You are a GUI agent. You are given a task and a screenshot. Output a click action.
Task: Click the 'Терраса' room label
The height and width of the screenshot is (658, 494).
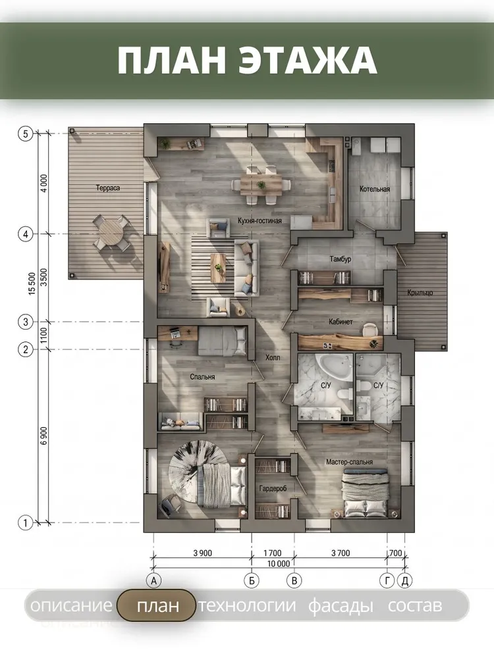108,188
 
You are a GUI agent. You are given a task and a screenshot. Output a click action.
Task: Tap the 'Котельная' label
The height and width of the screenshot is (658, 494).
375,190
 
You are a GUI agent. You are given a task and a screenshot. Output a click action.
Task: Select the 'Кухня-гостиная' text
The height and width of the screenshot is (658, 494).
260,220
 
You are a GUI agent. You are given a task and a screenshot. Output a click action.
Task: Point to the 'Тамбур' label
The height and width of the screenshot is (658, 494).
341,259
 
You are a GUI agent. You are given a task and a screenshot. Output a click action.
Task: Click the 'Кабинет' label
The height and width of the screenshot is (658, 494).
341,322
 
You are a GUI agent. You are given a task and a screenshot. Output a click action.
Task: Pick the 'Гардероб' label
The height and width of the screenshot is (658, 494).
273,489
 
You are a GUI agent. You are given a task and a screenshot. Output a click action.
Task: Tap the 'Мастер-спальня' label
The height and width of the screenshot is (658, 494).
350,462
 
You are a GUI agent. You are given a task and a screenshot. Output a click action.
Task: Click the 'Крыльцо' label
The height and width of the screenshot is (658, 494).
420,293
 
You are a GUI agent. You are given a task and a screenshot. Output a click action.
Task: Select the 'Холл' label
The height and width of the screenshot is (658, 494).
273,358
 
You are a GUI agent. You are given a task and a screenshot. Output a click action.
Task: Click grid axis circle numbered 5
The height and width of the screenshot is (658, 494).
26,134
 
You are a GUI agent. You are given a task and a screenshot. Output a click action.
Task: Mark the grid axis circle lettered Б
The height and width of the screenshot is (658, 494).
252,581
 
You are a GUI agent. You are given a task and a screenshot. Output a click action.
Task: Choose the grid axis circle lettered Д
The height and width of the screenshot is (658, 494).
405,581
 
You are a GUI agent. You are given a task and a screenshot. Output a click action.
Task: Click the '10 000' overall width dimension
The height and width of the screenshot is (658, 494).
279,564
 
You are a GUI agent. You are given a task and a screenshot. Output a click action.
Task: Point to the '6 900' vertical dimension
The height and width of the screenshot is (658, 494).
45,436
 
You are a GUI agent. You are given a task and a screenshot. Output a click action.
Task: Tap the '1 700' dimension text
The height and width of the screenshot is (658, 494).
273,553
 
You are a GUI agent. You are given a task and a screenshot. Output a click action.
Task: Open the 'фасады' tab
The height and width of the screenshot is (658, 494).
341,605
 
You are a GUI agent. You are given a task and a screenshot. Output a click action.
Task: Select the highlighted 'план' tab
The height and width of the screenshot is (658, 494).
156,605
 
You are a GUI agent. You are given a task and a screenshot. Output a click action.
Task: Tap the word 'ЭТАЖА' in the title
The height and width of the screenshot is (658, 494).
308,61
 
